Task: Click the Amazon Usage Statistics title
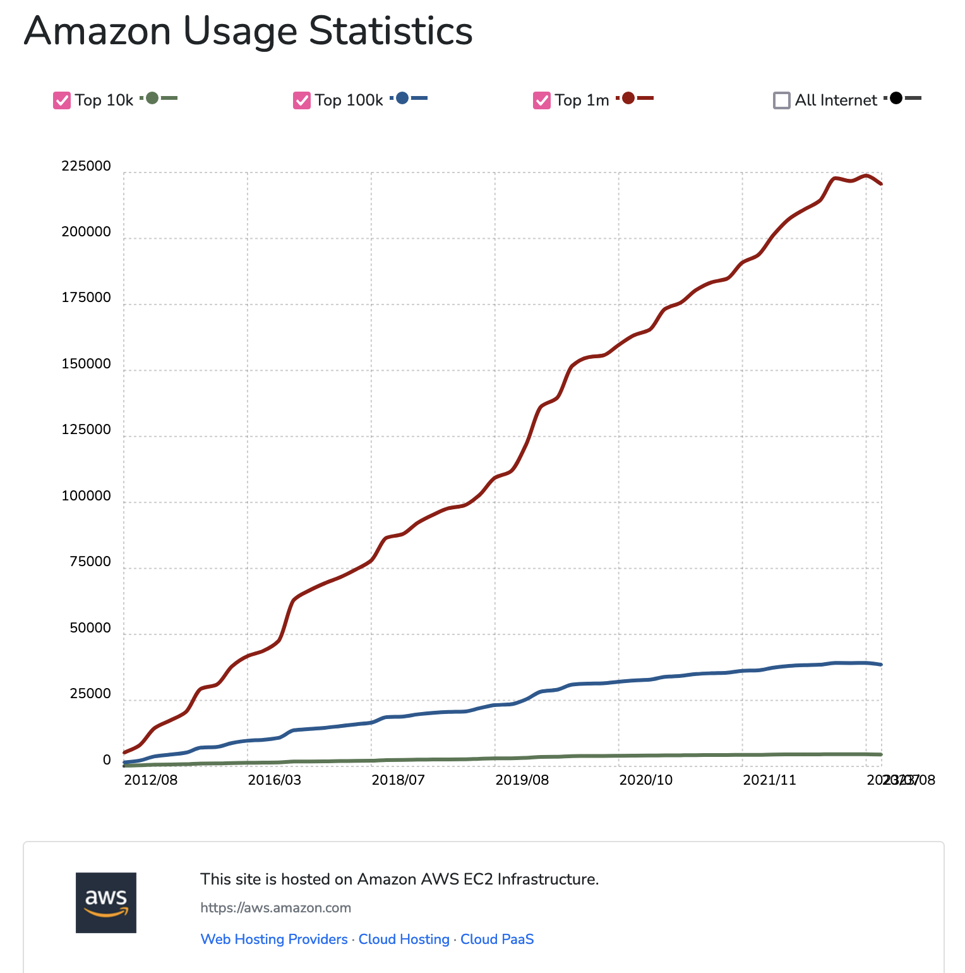click(x=248, y=31)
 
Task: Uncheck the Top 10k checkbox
click(x=62, y=100)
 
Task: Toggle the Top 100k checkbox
click(x=302, y=100)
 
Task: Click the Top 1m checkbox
click(x=542, y=100)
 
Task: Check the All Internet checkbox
click(x=782, y=100)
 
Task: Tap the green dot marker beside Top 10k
click(x=152, y=98)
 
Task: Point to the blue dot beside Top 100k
click(x=402, y=98)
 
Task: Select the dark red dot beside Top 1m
click(x=628, y=98)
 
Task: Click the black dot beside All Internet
click(x=896, y=98)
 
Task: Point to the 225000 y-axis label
click(x=86, y=166)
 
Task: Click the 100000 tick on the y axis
click(x=86, y=496)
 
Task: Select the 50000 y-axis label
click(x=90, y=628)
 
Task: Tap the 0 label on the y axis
click(x=107, y=760)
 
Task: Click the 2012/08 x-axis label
click(x=151, y=780)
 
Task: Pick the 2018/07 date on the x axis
click(x=398, y=780)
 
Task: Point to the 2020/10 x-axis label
click(x=645, y=780)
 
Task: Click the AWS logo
click(x=106, y=902)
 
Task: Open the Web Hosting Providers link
click(x=274, y=939)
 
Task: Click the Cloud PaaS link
click(x=497, y=939)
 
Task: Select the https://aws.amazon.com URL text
click(x=275, y=908)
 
